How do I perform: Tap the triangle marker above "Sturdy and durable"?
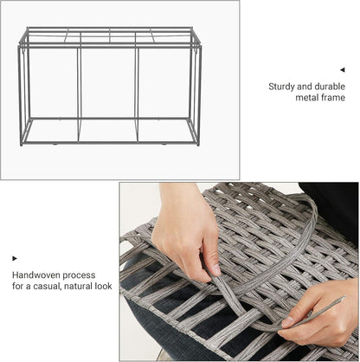click(342, 70)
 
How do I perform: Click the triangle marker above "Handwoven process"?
click(15, 258)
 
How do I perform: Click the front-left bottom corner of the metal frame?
click(22, 144)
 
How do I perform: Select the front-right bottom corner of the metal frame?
click(198, 144)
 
